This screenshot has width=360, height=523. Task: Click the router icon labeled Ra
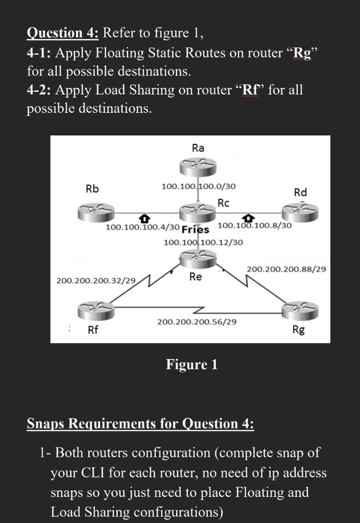[198, 167]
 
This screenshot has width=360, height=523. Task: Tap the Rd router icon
[300, 209]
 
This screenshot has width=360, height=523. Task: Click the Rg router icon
[300, 310]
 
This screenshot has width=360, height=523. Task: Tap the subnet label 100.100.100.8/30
[254, 225]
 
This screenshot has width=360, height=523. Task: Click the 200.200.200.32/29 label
[96, 280]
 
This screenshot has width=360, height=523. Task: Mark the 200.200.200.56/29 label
[197, 322]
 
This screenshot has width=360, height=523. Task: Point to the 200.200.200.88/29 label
[286, 269]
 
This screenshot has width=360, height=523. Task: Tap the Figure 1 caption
[191, 364]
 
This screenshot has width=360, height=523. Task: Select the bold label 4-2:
[39, 90]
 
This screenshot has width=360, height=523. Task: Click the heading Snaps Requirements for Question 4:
[140, 423]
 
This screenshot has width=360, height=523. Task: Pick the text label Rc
[223, 203]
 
